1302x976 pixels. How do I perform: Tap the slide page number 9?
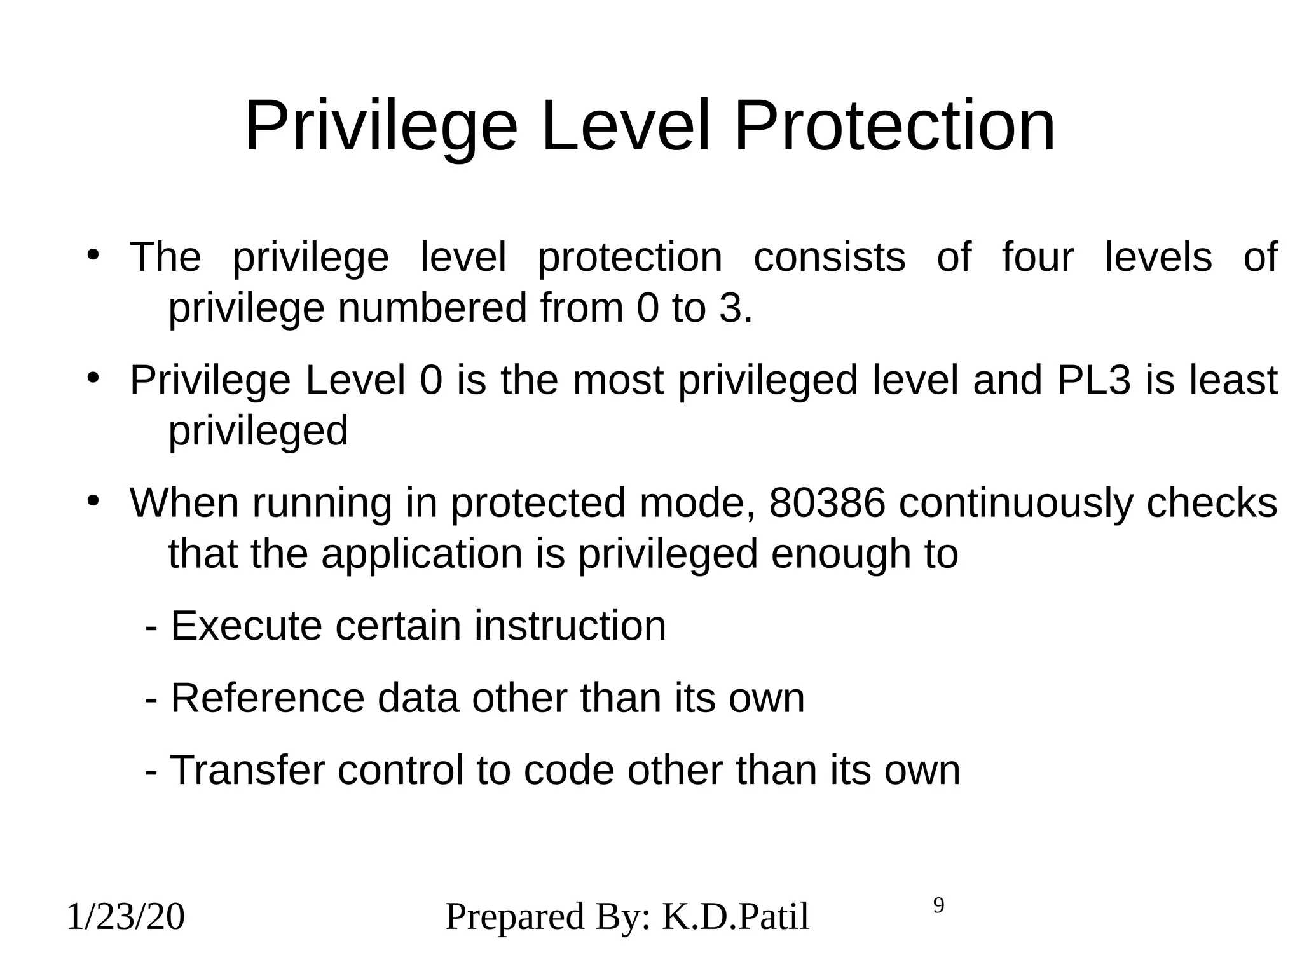tap(938, 905)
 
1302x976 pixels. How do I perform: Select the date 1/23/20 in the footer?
tap(125, 918)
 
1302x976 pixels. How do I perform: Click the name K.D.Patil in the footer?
tap(736, 918)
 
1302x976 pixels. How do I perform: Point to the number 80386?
tap(827, 503)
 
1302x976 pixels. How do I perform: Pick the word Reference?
tap(268, 698)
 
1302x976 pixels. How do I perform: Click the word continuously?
tap(1016, 503)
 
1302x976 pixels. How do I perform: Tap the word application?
tap(421, 553)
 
